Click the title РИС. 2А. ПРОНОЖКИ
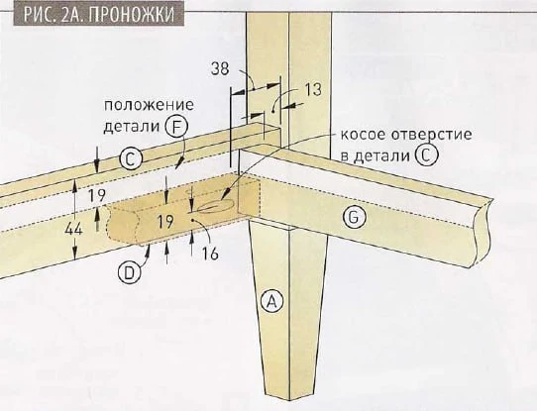(99, 14)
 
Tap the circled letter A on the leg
(271, 301)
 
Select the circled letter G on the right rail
(355, 217)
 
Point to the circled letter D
(129, 272)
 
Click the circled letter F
(176, 128)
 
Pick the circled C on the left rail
(131, 159)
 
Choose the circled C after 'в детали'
(426, 155)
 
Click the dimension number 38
(220, 68)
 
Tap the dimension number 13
(313, 90)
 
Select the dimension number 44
(74, 229)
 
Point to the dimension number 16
(210, 254)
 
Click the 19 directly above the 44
(97, 196)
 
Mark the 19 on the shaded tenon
(165, 222)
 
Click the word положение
(149, 105)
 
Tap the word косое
(364, 134)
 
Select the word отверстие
(432, 134)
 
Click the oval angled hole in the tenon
(216, 206)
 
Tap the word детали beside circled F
(132, 127)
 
